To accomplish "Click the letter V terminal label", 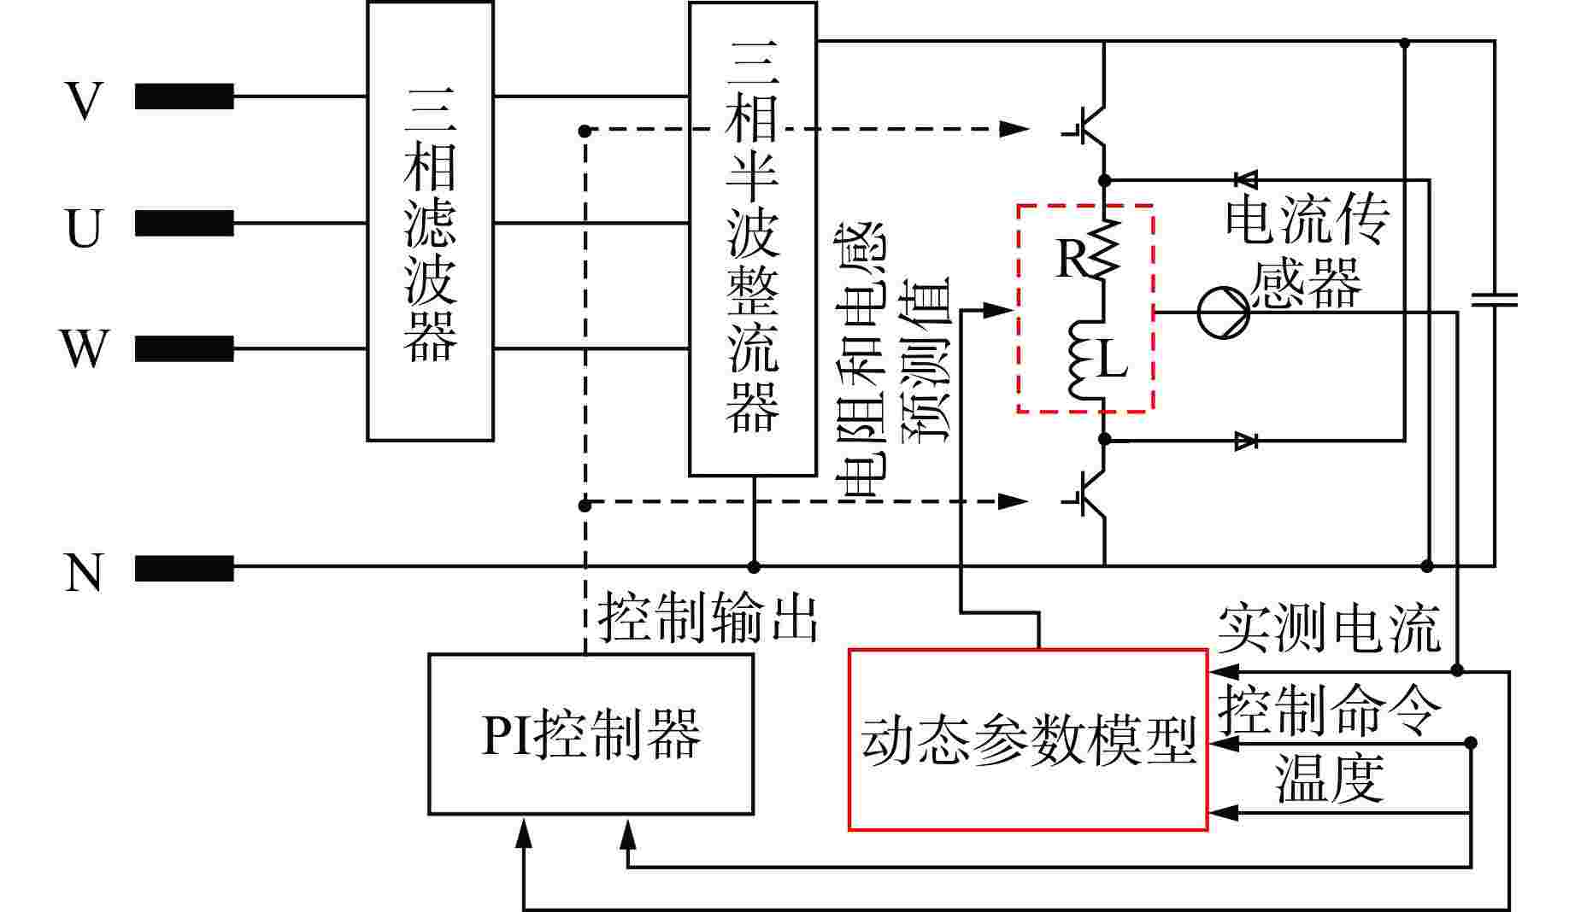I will pyautogui.click(x=84, y=101).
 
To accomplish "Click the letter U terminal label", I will pyautogui.click(x=84, y=228).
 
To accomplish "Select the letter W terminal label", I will pyautogui.click(x=84, y=348).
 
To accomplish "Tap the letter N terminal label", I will pyautogui.click(x=84, y=572).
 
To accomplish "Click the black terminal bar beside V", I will pyautogui.click(x=184, y=96).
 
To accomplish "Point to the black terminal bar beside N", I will pyautogui.click(x=184, y=568).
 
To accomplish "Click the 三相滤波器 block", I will pyautogui.click(x=430, y=220).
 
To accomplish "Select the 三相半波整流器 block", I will pyautogui.click(x=752, y=238).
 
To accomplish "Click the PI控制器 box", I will pyautogui.click(x=591, y=734).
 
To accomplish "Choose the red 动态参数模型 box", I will pyautogui.click(x=1027, y=739).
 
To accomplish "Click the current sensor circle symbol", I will pyautogui.click(x=1223, y=312).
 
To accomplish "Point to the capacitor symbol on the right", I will pyautogui.click(x=1494, y=300).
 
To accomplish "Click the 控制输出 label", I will pyautogui.click(x=708, y=617).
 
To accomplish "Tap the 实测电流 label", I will pyautogui.click(x=1328, y=629).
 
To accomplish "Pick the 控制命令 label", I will pyautogui.click(x=1329, y=710).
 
